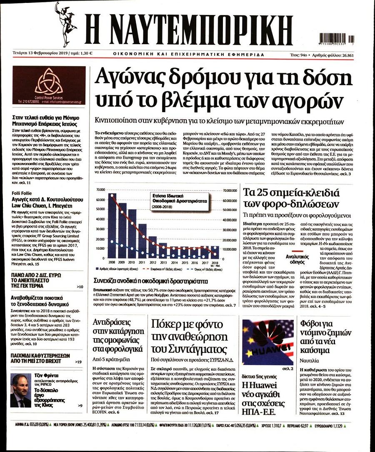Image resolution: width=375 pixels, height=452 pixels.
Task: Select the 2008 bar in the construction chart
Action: click(112, 226)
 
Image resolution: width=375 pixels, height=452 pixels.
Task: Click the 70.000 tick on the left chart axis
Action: click(100, 190)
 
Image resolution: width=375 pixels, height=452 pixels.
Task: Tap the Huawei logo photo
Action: click(267, 342)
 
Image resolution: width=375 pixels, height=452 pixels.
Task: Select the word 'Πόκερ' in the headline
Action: click(170, 324)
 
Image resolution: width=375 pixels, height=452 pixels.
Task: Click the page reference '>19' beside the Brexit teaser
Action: click(78, 361)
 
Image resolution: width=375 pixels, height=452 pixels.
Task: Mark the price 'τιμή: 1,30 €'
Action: click(82, 53)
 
